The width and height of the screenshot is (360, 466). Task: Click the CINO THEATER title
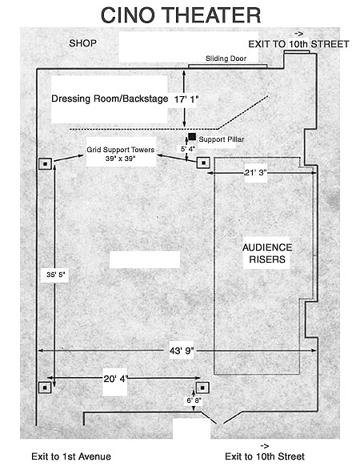[x=181, y=15]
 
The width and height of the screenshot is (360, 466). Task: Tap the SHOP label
[x=82, y=43]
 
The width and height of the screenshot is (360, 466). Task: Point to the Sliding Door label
[x=226, y=58]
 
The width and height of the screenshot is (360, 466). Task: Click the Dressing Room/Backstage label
[x=110, y=98]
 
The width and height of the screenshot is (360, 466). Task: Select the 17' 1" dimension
[x=186, y=99]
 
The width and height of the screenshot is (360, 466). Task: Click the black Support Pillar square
[x=192, y=137]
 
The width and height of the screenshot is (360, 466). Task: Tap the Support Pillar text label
[x=222, y=139]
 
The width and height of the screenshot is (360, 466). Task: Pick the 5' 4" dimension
[x=188, y=149]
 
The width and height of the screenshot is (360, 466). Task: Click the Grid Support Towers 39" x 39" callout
[x=121, y=154]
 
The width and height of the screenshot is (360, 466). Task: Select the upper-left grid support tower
[x=45, y=164]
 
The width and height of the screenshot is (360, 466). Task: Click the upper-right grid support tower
[x=203, y=163]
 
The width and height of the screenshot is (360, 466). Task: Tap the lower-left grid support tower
[x=45, y=388]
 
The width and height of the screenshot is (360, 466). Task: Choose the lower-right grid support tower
[x=202, y=388]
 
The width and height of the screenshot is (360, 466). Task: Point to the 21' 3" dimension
[x=255, y=173]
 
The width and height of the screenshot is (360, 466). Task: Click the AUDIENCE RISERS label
[x=267, y=253]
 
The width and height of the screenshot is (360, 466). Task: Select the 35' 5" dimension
[x=55, y=275]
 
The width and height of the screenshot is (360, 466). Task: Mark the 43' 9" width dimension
[x=182, y=351]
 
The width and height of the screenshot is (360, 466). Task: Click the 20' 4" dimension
[x=115, y=379]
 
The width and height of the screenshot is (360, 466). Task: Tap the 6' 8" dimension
[x=194, y=400]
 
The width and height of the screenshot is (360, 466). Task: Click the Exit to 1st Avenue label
[x=71, y=456]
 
